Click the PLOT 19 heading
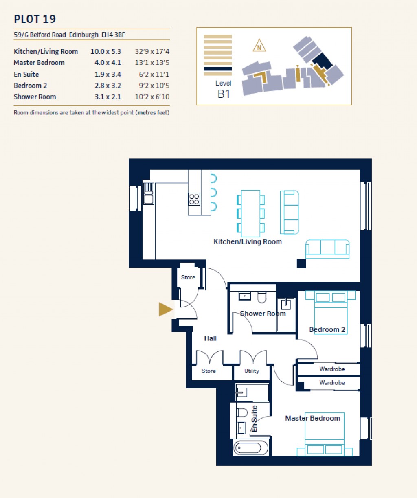pos(35,19)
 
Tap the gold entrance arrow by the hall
pos(166,309)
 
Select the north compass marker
pos(259,46)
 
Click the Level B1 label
pos(224,89)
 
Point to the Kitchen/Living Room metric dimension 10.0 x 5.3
pos(105,52)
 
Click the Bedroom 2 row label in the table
pos(31,86)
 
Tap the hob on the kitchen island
pos(194,199)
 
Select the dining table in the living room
pos(250,213)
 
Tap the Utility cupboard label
pos(251,371)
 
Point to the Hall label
pos(211,338)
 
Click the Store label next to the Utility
pos(208,371)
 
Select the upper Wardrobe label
pos(332,369)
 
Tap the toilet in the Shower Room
pos(262,297)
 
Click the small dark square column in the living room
pos(301,263)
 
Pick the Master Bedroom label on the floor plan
pos(312,418)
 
